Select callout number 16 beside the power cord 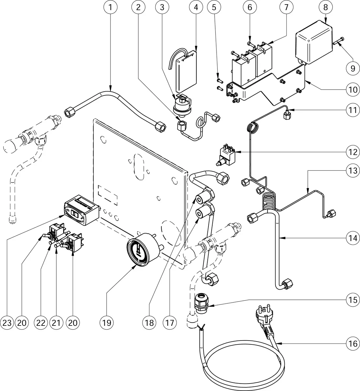pyautogui.click(x=352, y=343)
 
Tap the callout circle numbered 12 pyautogui.click(x=352, y=152)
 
